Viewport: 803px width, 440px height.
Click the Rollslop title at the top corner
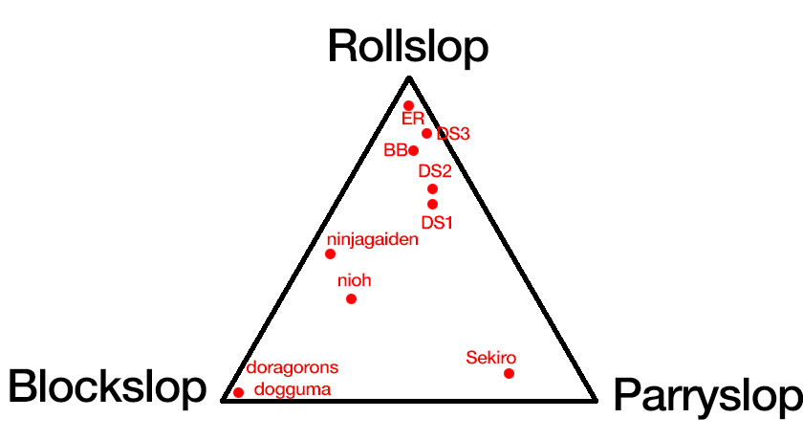(x=408, y=46)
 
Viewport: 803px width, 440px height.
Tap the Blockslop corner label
(x=107, y=387)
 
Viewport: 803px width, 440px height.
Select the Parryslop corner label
(x=705, y=395)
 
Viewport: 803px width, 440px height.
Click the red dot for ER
(x=408, y=105)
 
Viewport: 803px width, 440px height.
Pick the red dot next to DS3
(x=426, y=133)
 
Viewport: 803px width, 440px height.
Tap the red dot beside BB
(x=413, y=150)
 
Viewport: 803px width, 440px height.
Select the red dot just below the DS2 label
(x=432, y=188)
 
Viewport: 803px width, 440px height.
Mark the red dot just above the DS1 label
(x=432, y=204)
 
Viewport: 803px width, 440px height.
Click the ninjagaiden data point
(x=330, y=253)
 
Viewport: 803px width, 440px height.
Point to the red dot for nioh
(x=351, y=298)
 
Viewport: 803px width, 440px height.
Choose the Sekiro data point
(x=509, y=373)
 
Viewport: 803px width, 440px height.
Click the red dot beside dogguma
(x=238, y=392)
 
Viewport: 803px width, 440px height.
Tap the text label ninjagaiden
(x=373, y=239)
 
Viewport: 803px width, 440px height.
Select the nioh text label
(x=354, y=280)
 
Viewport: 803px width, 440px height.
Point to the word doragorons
(x=293, y=367)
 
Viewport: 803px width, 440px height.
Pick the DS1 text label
(x=436, y=222)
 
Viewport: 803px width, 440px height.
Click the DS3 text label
(x=453, y=134)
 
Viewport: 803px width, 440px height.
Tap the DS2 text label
(x=434, y=171)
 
